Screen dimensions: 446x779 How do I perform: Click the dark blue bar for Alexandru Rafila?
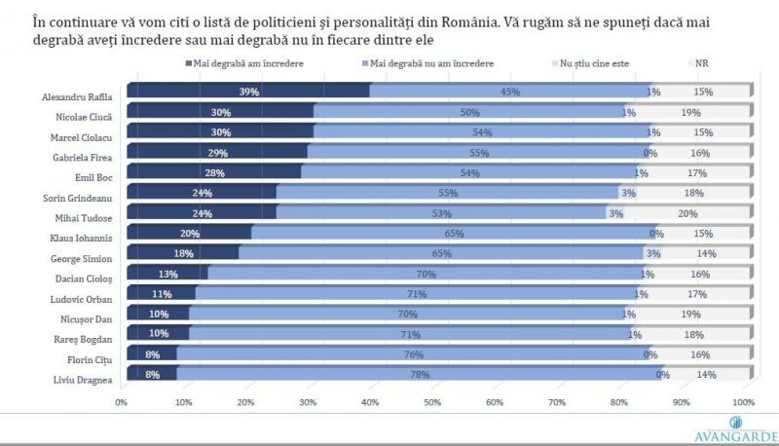coord(248,92)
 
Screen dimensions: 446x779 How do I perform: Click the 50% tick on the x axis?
coord(432,401)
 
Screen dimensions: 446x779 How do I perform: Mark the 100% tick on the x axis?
coord(742,401)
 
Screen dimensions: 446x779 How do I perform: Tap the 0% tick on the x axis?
coord(123,401)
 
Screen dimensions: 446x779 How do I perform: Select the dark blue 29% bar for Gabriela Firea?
coord(216,153)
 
